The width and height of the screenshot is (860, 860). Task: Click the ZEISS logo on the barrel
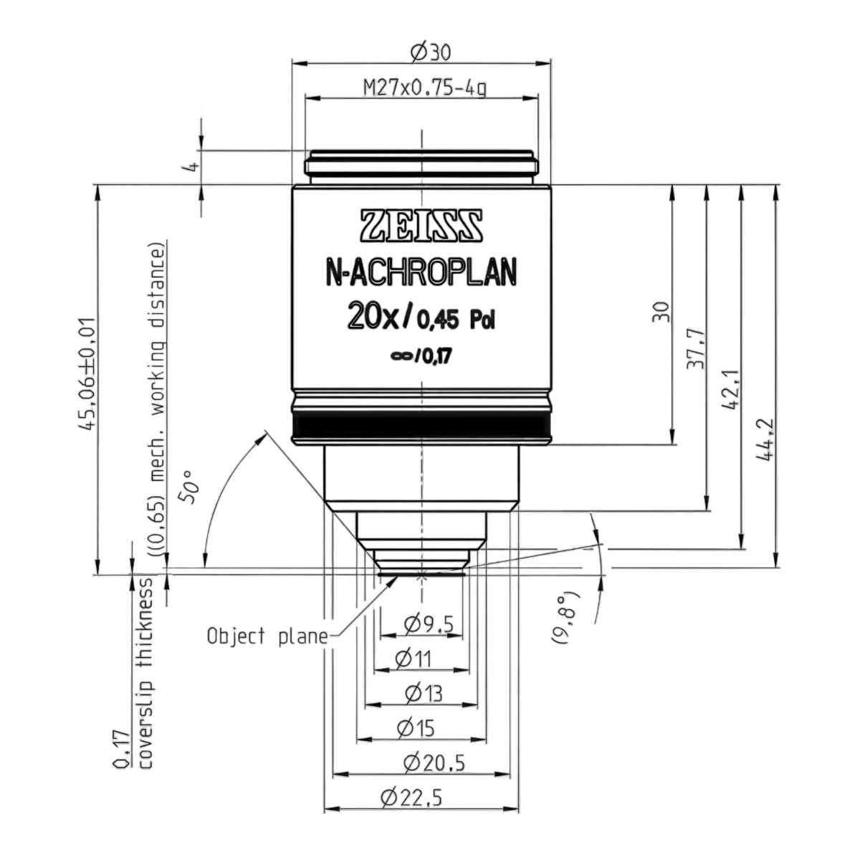421,226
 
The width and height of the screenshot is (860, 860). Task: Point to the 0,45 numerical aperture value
437,320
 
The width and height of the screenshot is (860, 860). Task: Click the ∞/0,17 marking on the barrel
421,357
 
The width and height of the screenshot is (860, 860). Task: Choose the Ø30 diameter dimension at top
430,53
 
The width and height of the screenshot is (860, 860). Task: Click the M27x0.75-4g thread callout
425,87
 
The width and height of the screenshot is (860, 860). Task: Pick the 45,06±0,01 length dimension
86,373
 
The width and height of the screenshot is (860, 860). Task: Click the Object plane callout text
267,636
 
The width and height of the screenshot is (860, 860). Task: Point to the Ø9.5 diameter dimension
429,624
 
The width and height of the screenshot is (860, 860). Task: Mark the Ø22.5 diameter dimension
411,797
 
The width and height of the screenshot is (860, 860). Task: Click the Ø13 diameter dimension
424,693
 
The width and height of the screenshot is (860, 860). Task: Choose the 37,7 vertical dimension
697,350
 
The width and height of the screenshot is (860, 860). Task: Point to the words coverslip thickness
146,674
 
